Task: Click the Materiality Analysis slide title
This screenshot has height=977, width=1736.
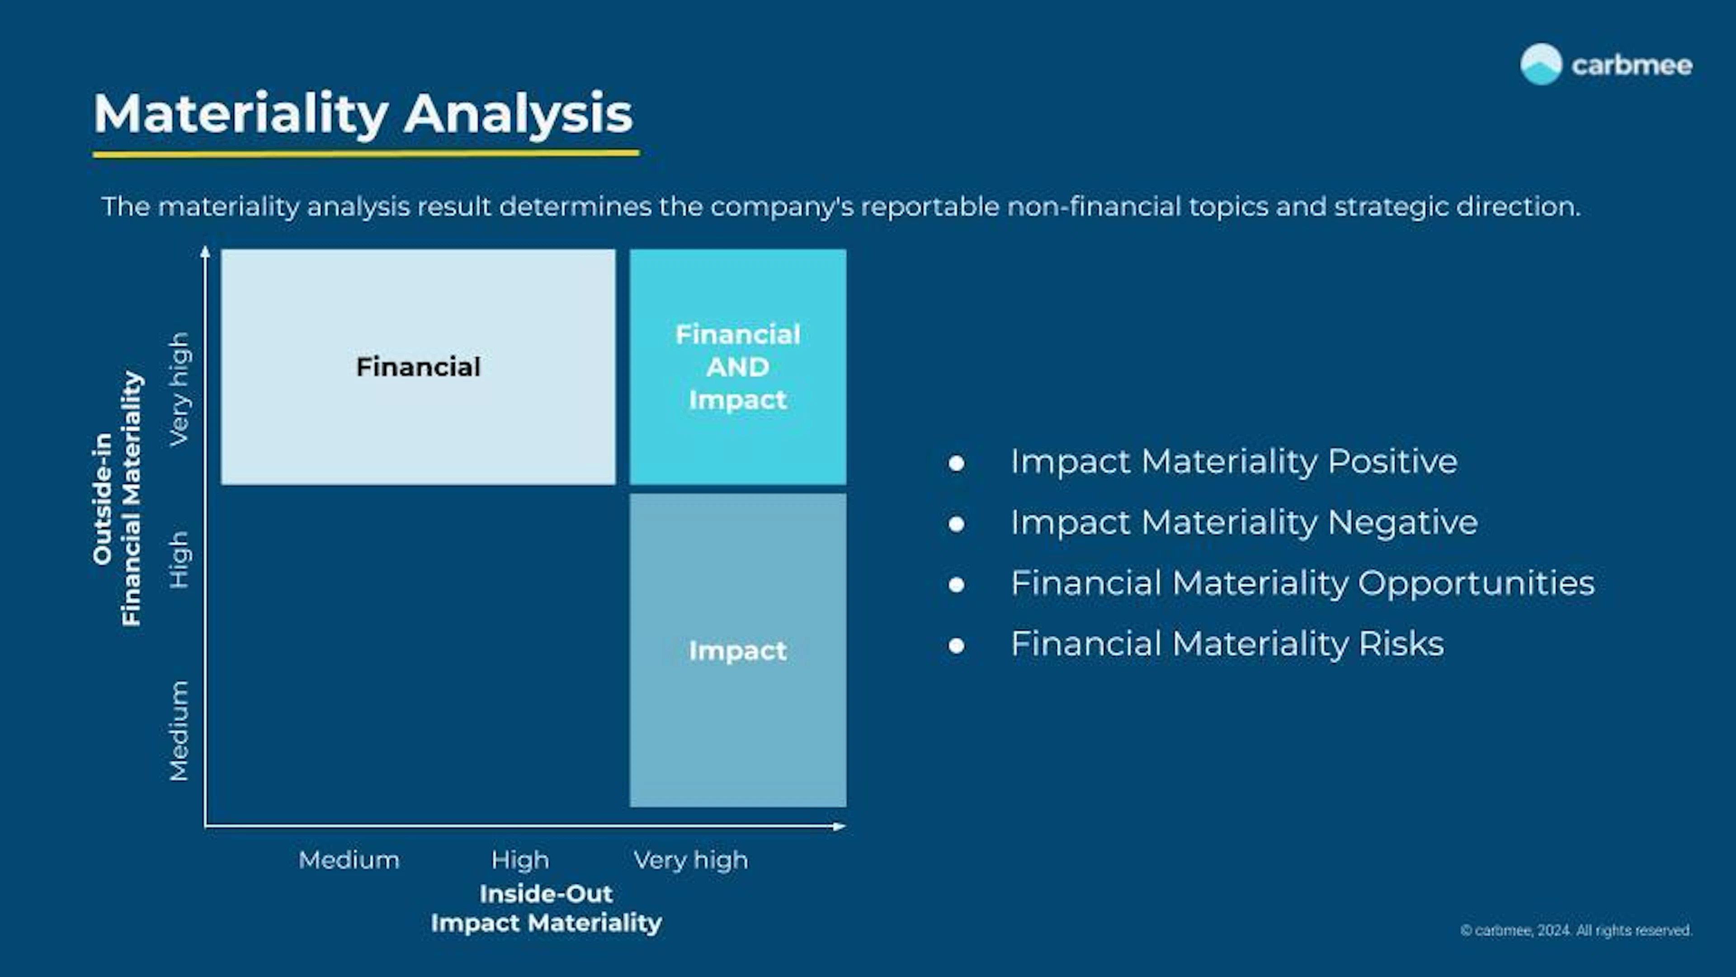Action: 363,113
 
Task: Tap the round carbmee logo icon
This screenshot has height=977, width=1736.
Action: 1541,65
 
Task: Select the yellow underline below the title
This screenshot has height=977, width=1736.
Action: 366,154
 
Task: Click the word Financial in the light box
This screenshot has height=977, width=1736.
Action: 418,367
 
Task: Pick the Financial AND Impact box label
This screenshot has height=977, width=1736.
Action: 737,367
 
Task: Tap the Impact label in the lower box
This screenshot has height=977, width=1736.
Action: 737,651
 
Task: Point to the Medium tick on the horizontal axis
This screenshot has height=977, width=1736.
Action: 349,860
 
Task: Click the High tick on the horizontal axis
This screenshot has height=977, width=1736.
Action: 519,860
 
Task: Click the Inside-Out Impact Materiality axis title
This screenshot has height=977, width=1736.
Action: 546,908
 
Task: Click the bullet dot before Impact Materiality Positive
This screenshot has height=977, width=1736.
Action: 956,463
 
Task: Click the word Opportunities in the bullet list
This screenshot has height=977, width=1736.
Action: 1476,583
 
